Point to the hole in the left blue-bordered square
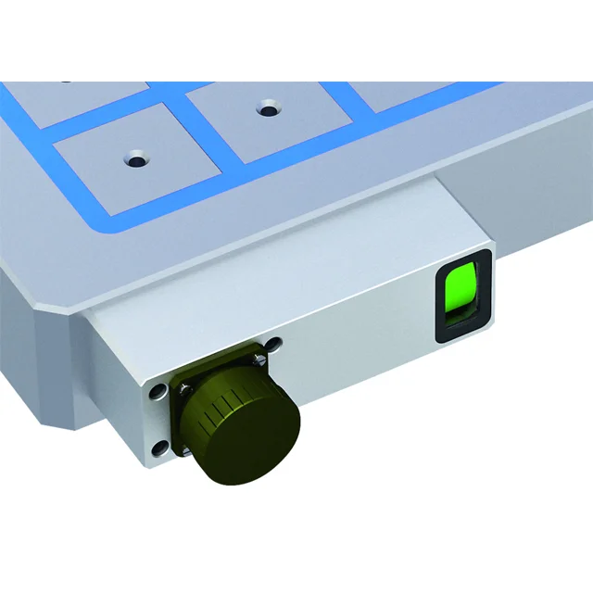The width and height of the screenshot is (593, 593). [137, 159]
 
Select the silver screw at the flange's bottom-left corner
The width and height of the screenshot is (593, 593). [184, 451]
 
